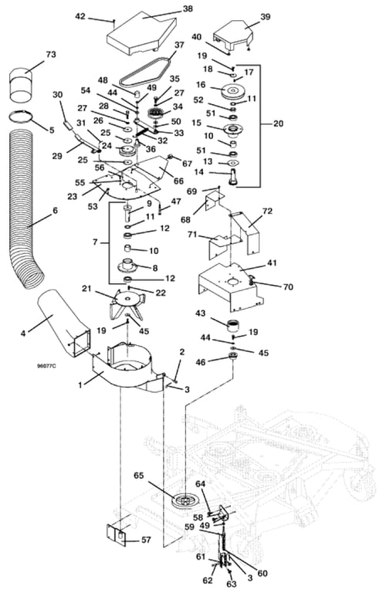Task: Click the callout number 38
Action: (188, 8)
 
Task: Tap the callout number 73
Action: (51, 54)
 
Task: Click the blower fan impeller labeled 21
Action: (127, 303)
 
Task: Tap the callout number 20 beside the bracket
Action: (278, 124)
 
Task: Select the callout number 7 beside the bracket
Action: (95, 241)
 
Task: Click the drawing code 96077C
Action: (46, 366)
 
